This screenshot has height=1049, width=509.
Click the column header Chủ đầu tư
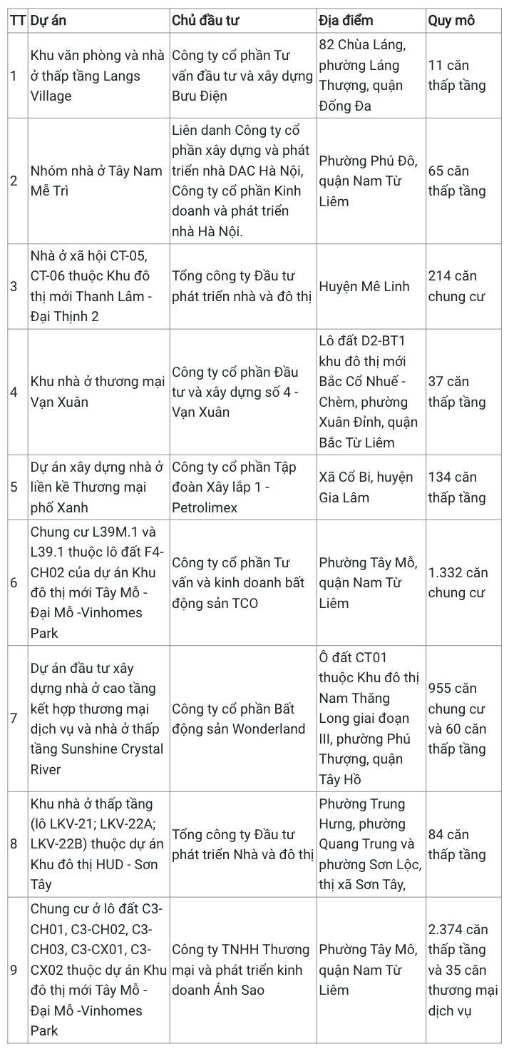pyautogui.click(x=206, y=20)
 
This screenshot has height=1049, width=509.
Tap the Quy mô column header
pyautogui.click(x=451, y=20)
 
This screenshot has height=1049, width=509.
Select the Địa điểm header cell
pyautogui.click(x=346, y=20)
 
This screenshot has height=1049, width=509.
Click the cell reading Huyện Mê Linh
pyautogui.click(x=364, y=286)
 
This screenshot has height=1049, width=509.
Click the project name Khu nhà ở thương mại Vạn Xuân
pyautogui.click(x=97, y=392)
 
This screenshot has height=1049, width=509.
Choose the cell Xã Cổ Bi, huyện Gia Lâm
pyautogui.click(x=366, y=487)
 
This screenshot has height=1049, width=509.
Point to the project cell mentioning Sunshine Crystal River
pyautogui.click(x=97, y=718)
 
